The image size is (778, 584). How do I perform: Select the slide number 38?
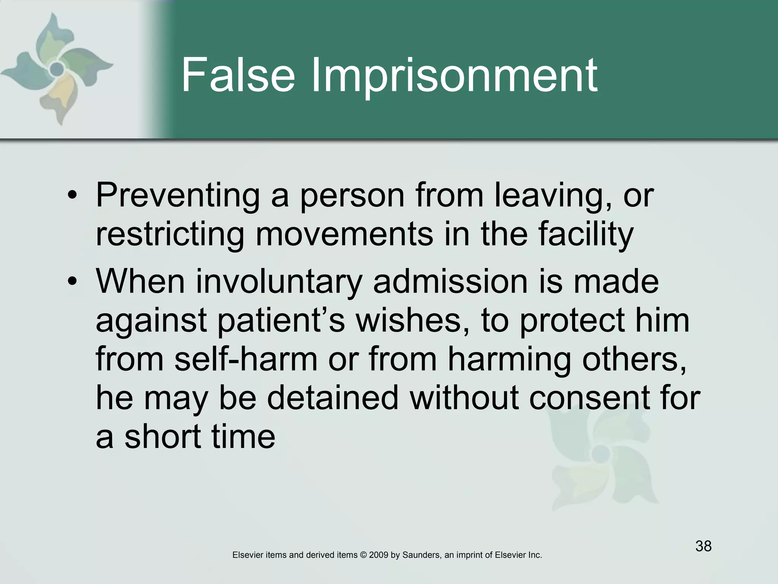tap(703, 546)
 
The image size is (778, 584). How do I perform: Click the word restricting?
tap(170, 235)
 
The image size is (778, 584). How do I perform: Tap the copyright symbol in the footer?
tap(364, 555)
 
